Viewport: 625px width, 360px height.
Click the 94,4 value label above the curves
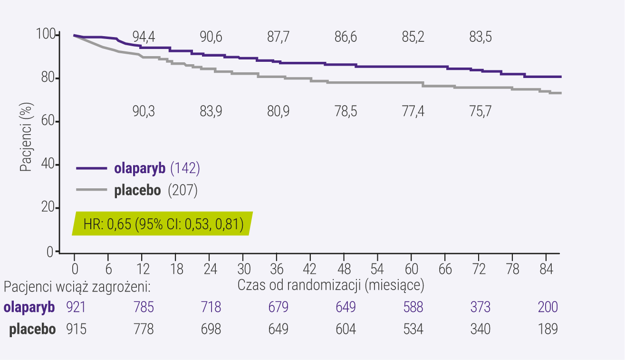pos(144,38)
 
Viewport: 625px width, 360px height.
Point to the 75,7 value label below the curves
pos(481,112)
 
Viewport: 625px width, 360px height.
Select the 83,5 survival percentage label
pos(481,38)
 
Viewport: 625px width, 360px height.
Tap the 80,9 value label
pos(278,112)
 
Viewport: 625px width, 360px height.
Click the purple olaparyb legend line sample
pos(92,168)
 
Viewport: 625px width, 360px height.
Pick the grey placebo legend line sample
pos(92,190)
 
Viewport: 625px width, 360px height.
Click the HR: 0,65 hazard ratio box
pos(163,224)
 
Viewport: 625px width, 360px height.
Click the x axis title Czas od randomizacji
pos(331,286)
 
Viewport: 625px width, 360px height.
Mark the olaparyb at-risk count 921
pos(76,307)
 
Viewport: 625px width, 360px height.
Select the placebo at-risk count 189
pos(548,329)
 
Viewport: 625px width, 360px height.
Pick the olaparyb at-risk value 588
pos(413,307)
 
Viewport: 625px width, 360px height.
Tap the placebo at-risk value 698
pos(211,329)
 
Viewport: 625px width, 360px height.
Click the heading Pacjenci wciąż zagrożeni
pos(77,287)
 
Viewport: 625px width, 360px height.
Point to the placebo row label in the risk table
pos(32,329)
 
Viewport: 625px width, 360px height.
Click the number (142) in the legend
pos(185,168)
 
